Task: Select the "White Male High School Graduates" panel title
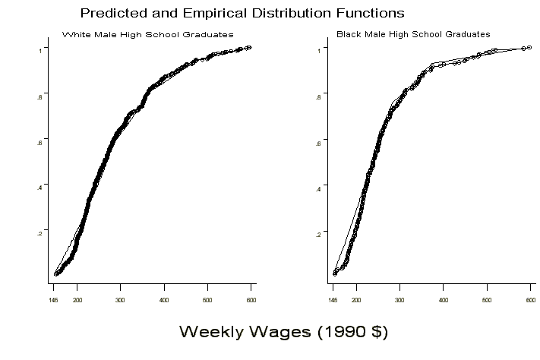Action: coord(147,35)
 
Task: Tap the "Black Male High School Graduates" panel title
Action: coord(413,34)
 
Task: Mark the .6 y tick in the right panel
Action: coord(319,141)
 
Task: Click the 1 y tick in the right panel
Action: coord(320,49)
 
